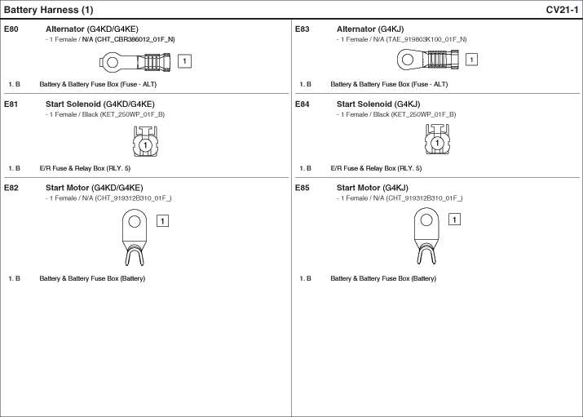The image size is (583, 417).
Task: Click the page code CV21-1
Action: (562, 10)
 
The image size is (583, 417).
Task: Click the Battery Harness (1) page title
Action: (48, 10)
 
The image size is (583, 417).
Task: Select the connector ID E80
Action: (11, 29)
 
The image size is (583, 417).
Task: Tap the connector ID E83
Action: (302, 29)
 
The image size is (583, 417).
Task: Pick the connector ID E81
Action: (11, 104)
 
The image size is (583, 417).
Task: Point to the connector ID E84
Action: (302, 104)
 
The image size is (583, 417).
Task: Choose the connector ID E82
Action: (11, 188)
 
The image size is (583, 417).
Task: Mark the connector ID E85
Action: (302, 188)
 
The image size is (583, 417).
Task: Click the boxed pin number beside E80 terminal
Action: (184, 61)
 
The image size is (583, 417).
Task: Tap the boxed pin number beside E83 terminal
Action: (471, 60)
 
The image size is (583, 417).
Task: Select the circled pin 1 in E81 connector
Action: (145, 145)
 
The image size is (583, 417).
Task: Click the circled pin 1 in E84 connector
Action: (437, 143)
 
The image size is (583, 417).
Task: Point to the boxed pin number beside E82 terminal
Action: (162, 221)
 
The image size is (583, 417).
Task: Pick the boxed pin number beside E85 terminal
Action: (454, 220)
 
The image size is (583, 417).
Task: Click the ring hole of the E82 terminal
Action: (135, 222)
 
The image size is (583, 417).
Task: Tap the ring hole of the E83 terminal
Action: (408, 60)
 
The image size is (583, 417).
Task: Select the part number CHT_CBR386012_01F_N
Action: (135, 39)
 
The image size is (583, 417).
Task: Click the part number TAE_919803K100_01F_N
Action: (426, 39)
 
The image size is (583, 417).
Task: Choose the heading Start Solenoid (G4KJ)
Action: (378, 104)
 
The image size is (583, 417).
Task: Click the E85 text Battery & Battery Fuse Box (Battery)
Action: (383, 278)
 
